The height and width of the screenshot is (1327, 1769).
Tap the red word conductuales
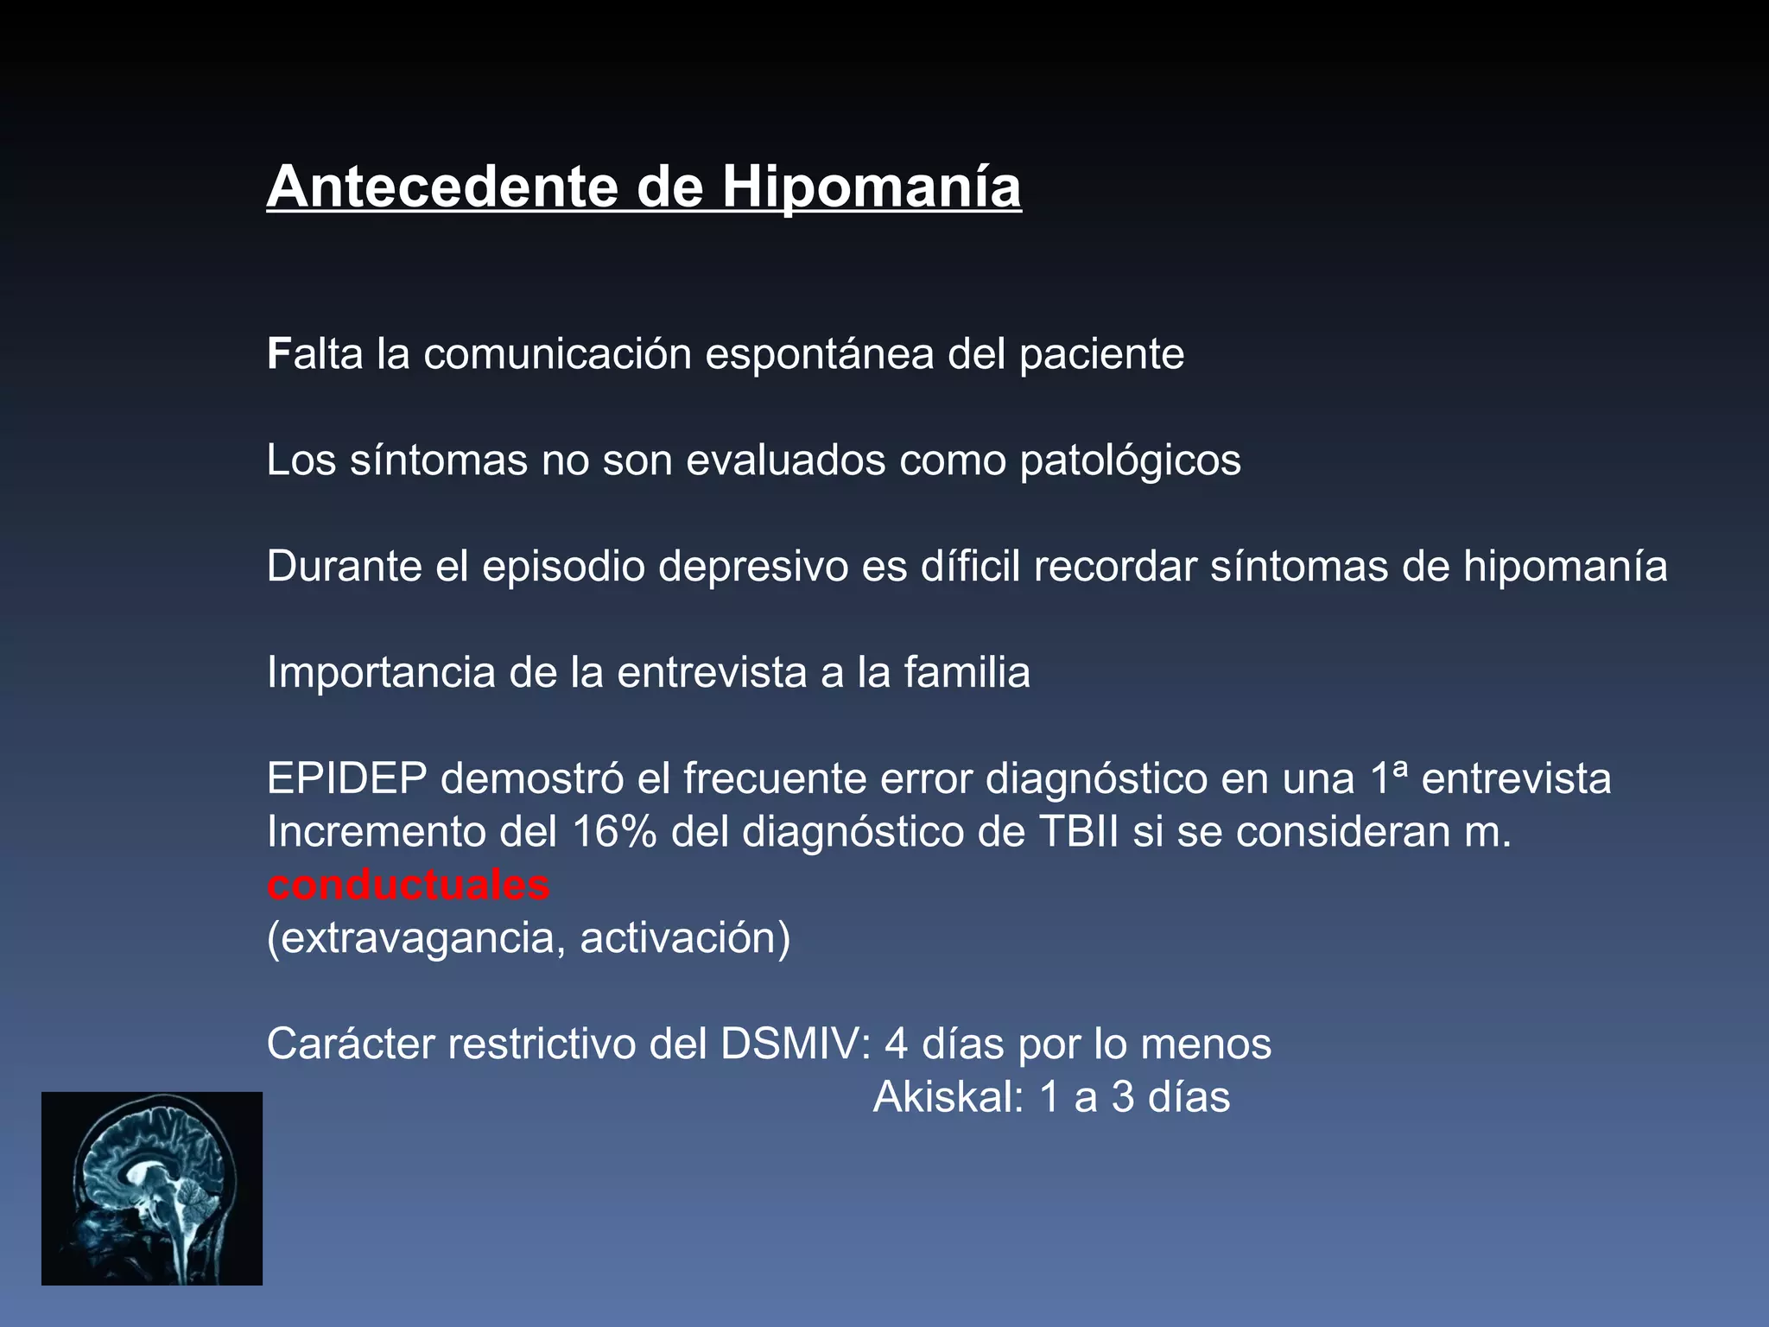pos(408,886)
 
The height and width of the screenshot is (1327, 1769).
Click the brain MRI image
pos(152,1188)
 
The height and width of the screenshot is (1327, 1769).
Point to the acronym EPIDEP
pos(346,778)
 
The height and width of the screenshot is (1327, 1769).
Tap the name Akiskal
pos(947,1097)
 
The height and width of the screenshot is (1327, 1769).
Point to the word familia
pos(967,673)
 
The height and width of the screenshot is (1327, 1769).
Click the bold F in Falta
pos(278,354)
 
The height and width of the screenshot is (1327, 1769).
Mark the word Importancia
pos(380,673)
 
